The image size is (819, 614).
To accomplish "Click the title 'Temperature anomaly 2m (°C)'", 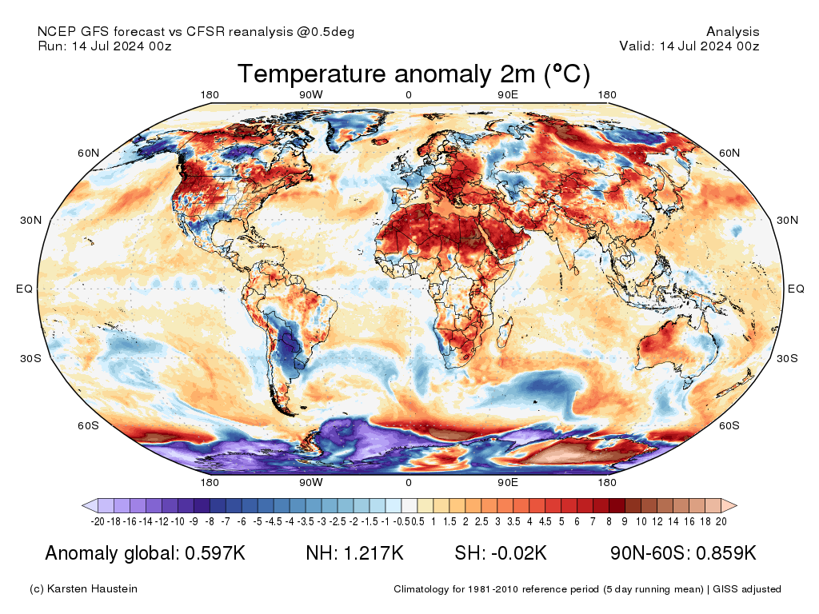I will click(413, 74).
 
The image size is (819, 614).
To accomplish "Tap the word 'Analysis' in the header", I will click(733, 32).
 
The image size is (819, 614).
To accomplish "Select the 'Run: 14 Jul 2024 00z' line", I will click(105, 46).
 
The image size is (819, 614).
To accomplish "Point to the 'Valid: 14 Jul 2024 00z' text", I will click(689, 46).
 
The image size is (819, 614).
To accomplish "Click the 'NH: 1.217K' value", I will click(354, 553).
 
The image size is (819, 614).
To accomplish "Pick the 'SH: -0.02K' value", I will click(500, 553).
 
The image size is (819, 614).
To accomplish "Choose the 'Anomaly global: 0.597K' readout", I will click(145, 553).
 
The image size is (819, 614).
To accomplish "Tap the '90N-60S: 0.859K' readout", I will click(683, 553).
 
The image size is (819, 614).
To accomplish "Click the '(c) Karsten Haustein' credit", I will click(83, 589).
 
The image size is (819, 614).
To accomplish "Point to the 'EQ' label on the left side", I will click(24, 289).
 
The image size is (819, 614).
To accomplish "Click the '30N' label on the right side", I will click(788, 220).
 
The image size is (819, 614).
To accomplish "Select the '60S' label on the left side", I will click(88, 425).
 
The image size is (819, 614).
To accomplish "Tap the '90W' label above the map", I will click(311, 95).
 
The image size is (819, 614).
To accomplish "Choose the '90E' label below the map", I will click(508, 482).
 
